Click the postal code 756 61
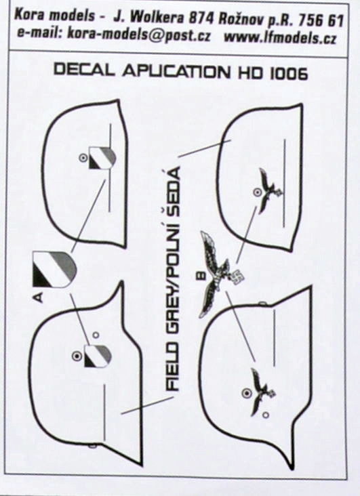[x=321, y=20]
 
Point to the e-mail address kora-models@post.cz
[x=139, y=35]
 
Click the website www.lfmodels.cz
[x=280, y=38]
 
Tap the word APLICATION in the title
[x=176, y=72]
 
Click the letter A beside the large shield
[x=38, y=297]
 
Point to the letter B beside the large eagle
[x=201, y=276]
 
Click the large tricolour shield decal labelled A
[x=54, y=269]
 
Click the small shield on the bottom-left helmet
[x=98, y=356]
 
